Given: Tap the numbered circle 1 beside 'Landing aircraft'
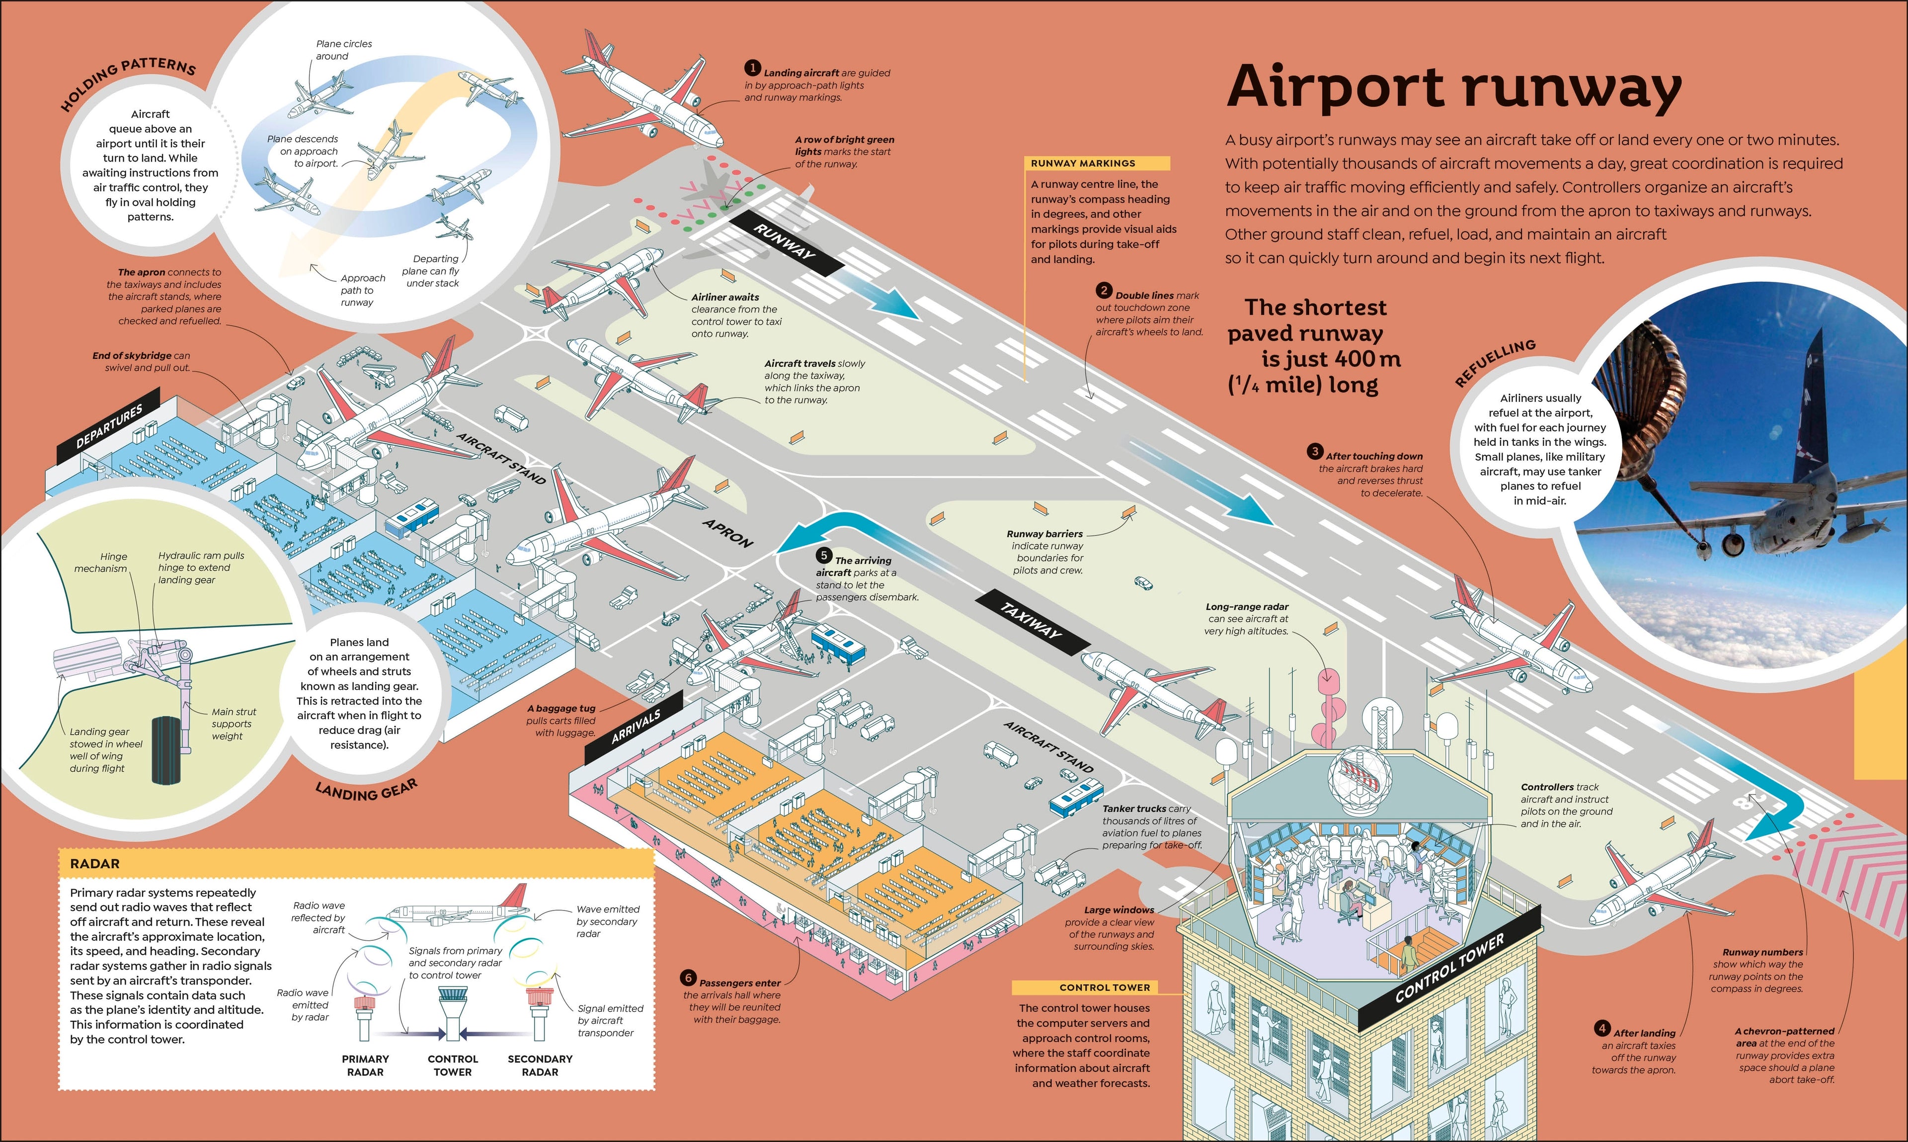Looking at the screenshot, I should click(752, 69).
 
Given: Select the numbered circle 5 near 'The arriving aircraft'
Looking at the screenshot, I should click(824, 555).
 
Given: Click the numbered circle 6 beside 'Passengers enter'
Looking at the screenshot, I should click(689, 978).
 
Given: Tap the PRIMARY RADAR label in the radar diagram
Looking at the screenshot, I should click(365, 1065).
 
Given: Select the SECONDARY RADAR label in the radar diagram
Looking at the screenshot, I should click(540, 1065).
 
